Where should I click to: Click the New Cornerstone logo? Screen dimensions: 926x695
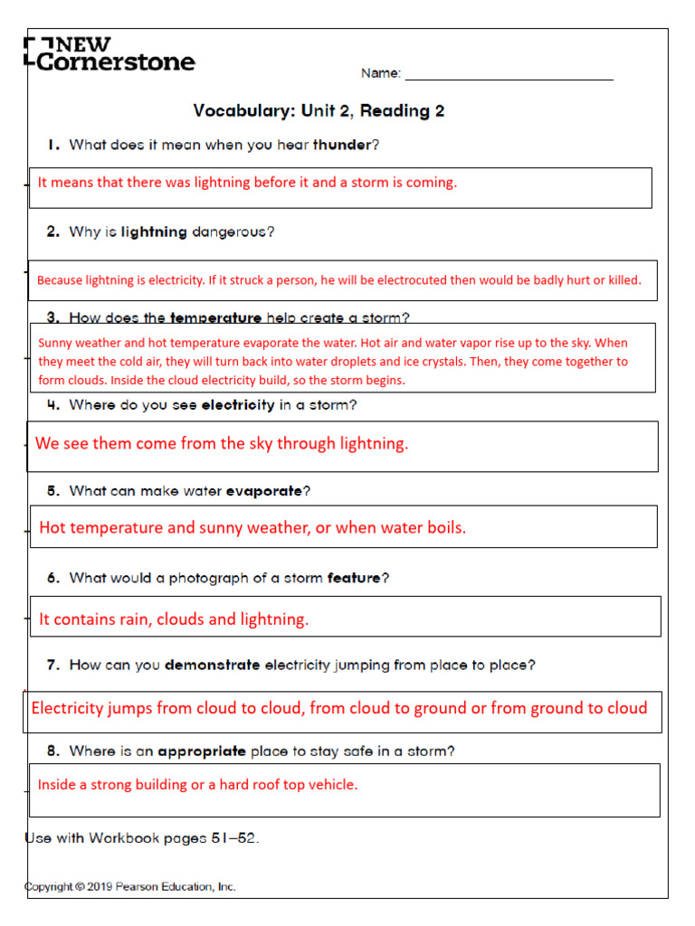(x=109, y=53)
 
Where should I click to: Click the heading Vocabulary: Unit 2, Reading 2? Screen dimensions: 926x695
(x=319, y=111)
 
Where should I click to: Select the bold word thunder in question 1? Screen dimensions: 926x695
(x=341, y=145)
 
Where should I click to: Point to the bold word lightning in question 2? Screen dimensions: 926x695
(x=154, y=231)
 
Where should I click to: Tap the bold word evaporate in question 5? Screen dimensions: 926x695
(x=263, y=491)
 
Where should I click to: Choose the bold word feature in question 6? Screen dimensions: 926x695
(x=354, y=578)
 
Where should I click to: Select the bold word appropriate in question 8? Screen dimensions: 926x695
(x=202, y=751)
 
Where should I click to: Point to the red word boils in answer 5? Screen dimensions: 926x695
(x=445, y=528)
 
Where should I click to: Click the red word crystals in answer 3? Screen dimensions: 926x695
(x=554, y=362)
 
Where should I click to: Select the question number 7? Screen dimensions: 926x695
(x=53, y=665)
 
